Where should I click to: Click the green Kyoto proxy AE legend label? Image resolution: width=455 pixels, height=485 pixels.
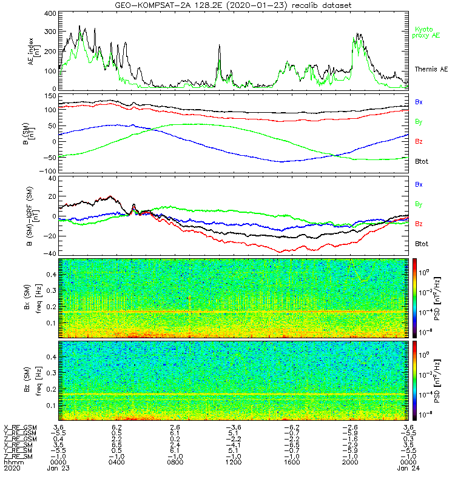click(x=427, y=32)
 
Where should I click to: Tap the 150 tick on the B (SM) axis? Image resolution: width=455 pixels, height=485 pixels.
click(x=50, y=96)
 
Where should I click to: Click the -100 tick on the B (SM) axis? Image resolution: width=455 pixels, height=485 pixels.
click(x=49, y=171)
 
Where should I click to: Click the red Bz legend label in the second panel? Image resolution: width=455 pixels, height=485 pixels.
click(x=419, y=142)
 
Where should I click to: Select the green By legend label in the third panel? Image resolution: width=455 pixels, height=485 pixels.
click(x=419, y=204)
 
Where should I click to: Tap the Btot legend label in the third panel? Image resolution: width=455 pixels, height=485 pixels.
click(x=421, y=244)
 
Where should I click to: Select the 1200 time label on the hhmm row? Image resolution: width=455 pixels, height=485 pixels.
click(x=233, y=463)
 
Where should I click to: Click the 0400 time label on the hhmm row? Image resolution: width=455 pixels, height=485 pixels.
click(x=116, y=463)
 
